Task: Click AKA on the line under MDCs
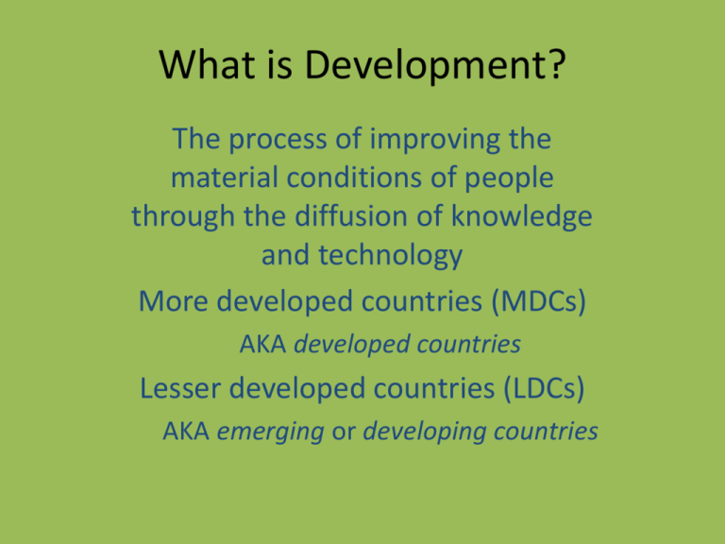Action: tap(263, 346)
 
